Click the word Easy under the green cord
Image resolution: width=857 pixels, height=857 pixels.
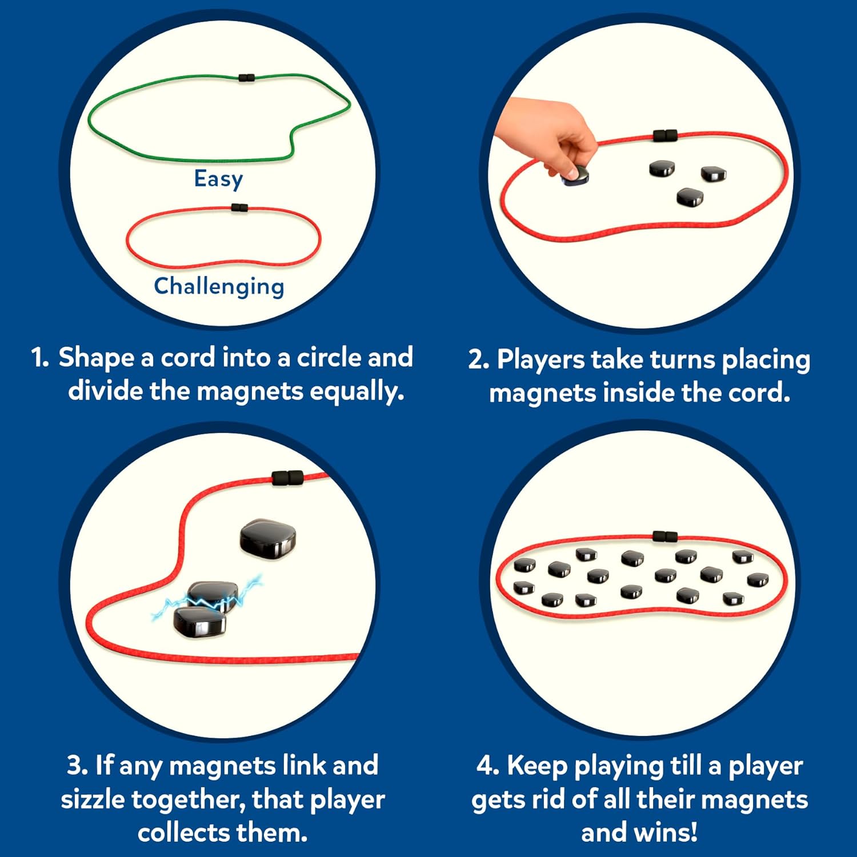tap(218, 179)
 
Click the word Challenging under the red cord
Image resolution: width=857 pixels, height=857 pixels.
tap(219, 286)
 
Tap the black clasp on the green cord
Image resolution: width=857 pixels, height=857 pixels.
tap(246, 77)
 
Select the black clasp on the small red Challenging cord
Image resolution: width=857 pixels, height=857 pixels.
tap(239, 208)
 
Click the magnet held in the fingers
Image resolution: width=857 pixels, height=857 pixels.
tap(576, 175)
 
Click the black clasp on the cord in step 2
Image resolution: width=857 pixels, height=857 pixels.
tap(665, 136)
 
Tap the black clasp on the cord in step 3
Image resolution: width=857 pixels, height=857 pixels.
tap(287, 478)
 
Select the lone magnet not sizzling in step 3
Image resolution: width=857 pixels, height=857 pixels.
tap(267, 538)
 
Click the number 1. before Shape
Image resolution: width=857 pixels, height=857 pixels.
tap(40, 358)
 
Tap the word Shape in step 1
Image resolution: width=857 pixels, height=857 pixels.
tap(96, 358)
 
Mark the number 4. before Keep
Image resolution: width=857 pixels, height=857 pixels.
tap(487, 766)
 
